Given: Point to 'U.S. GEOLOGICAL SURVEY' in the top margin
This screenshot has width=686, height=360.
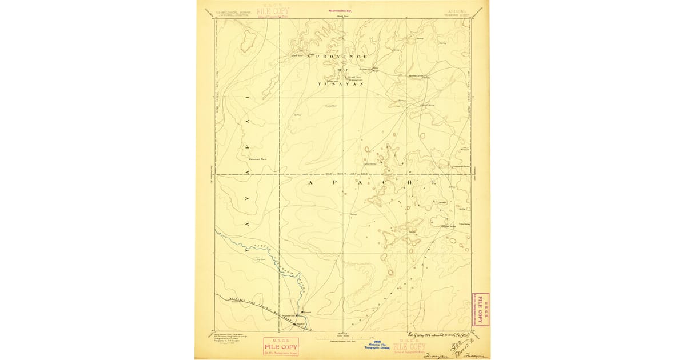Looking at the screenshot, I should coord(232,11).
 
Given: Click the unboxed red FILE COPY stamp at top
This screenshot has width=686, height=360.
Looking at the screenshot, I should coord(273,11).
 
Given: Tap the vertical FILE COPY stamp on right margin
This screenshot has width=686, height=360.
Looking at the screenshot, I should coord(480,309).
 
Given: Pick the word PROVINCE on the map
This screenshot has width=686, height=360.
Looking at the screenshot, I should coord(341,57).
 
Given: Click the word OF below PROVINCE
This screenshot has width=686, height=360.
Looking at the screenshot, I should coord(341,70).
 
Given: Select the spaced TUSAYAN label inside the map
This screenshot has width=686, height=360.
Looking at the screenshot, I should coord(341,84).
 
